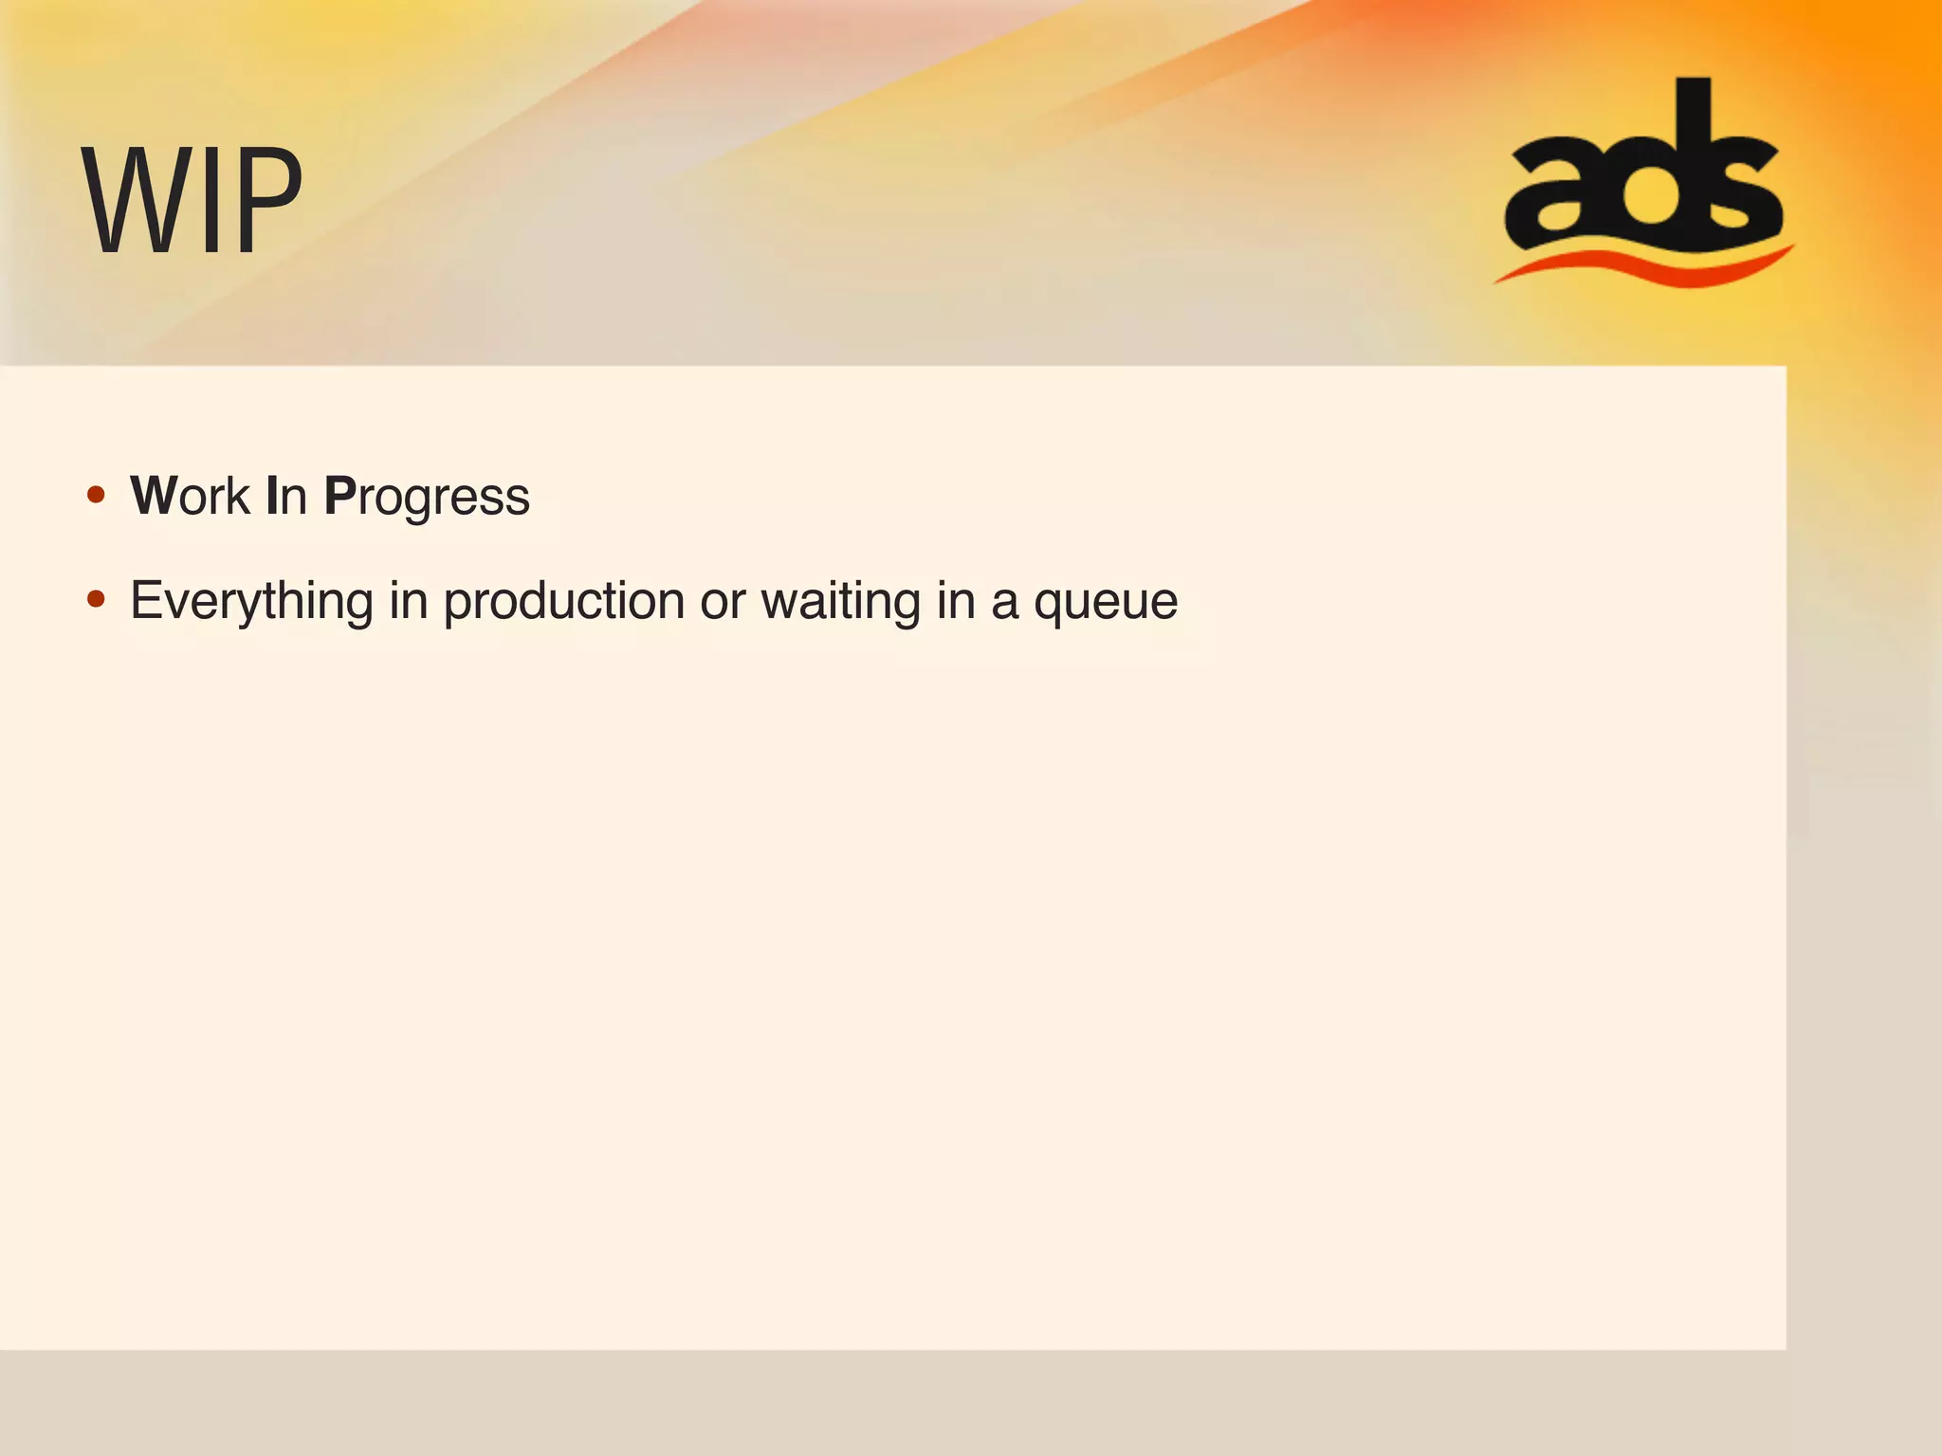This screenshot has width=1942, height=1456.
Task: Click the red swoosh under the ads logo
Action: pyautogui.click(x=1645, y=265)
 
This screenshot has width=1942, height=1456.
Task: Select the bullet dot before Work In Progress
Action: pyautogui.click(x=96, y=495)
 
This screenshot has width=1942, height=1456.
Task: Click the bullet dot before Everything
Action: pyautogui.click(x=96, y=599)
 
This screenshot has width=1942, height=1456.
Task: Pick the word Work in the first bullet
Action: pyautogui.click(x=190, y=496)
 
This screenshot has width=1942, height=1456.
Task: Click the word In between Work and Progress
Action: pyautogui.click(x=286, y=496)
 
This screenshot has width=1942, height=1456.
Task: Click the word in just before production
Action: pyautogui.click(x=408, y=600)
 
